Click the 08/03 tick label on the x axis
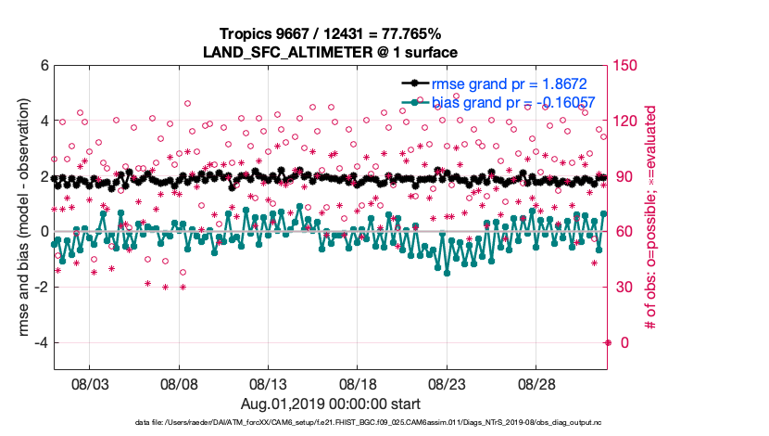[x=90, y=383]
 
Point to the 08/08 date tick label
[x=180, y=383]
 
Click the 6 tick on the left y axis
[x=43, y=66]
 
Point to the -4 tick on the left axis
[x=40, y=342]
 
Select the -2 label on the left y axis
[x=40, y=288]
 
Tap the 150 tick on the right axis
[x=630, y=66]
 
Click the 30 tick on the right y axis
[x=626, y=288]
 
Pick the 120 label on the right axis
[x=630, y=122]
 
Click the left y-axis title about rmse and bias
[x=18, y=218]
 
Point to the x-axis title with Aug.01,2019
[x=331, y=404]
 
